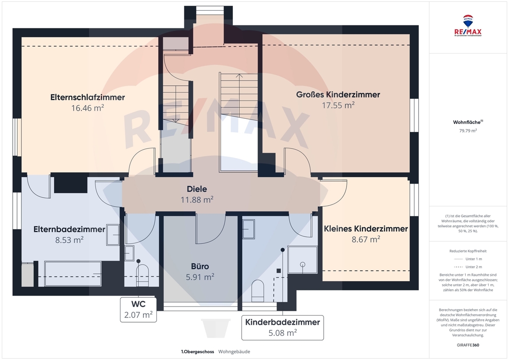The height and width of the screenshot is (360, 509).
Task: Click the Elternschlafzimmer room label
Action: [87, 97]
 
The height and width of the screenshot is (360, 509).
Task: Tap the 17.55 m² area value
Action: [338, 105]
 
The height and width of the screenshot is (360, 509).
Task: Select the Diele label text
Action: [197, 189]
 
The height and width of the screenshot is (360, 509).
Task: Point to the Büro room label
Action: [200, 266]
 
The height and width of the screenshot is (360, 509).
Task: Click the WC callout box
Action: [138, 310]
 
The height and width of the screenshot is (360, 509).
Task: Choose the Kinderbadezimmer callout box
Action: [282, 327]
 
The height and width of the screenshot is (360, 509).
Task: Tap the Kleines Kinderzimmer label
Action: [366, 229]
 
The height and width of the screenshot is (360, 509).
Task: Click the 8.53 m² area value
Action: [69, 240]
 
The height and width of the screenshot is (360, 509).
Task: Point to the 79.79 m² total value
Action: [468, 131]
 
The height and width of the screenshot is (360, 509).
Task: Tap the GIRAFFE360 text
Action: [468, 345]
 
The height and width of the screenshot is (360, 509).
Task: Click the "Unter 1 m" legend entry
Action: [468, 259]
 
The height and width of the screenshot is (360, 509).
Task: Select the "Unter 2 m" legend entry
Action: [468, 267]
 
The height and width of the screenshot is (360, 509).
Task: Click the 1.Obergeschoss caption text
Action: [198, 352]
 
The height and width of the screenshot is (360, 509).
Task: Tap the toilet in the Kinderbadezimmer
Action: [258, 291]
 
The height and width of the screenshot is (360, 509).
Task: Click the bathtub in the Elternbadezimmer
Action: [73, 273]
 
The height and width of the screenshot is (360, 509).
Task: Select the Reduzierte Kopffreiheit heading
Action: [468, 251]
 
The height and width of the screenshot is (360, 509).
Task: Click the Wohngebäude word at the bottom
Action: [234, 352]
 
